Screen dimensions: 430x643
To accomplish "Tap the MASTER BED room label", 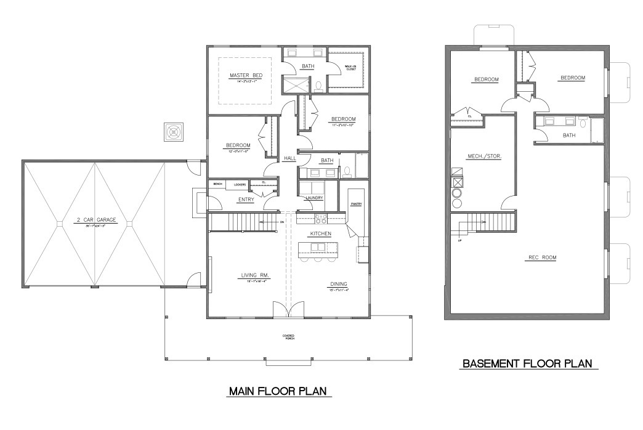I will click(246, 76).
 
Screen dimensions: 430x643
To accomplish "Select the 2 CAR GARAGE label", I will click(94, 220).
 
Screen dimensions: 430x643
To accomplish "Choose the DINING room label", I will click(339, 285).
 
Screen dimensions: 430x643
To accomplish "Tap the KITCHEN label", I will click(321, 234).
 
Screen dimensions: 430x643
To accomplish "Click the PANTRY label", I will click(356, 203).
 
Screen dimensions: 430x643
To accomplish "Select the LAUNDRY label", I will click(315, 198).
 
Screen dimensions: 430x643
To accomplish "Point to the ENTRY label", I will click(246, 199).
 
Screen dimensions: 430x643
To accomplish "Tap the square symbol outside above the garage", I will click(174, 131).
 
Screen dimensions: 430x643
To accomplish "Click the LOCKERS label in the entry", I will click(240, 184).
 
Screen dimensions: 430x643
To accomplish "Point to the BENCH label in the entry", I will click(217, 184).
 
